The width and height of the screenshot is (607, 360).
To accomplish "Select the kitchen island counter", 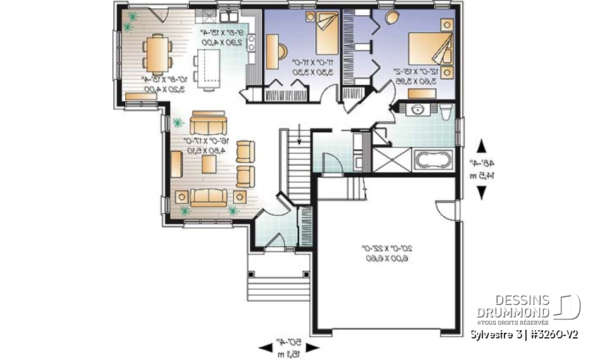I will (x=205, y=70).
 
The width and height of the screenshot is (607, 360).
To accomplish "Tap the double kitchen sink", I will (x=227, y=15).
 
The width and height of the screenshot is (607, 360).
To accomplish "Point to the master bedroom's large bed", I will (x=428, y=49).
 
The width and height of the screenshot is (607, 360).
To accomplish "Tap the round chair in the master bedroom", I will (x=392, y=16).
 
